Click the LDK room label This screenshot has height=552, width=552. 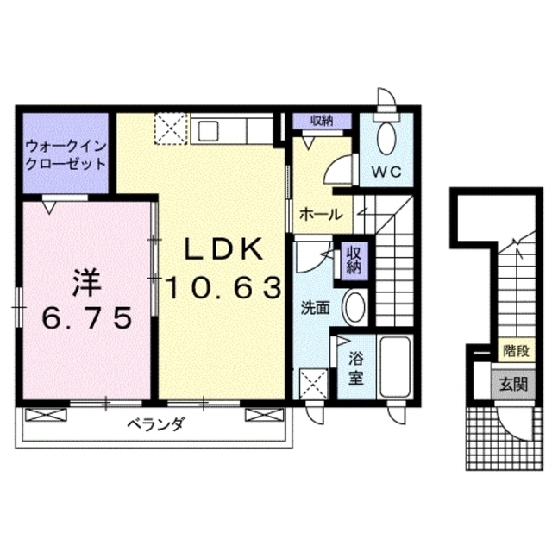coord(223,249)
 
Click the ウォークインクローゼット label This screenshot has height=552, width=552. coord(66,154)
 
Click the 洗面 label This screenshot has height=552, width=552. coord(315,306)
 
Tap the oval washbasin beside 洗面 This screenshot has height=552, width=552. coord(354,306)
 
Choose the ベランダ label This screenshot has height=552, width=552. coord(155,424)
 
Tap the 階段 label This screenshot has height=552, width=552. coord(513,351)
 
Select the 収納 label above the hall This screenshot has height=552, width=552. coord(322,121)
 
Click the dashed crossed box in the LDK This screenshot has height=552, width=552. coord(169,130)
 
